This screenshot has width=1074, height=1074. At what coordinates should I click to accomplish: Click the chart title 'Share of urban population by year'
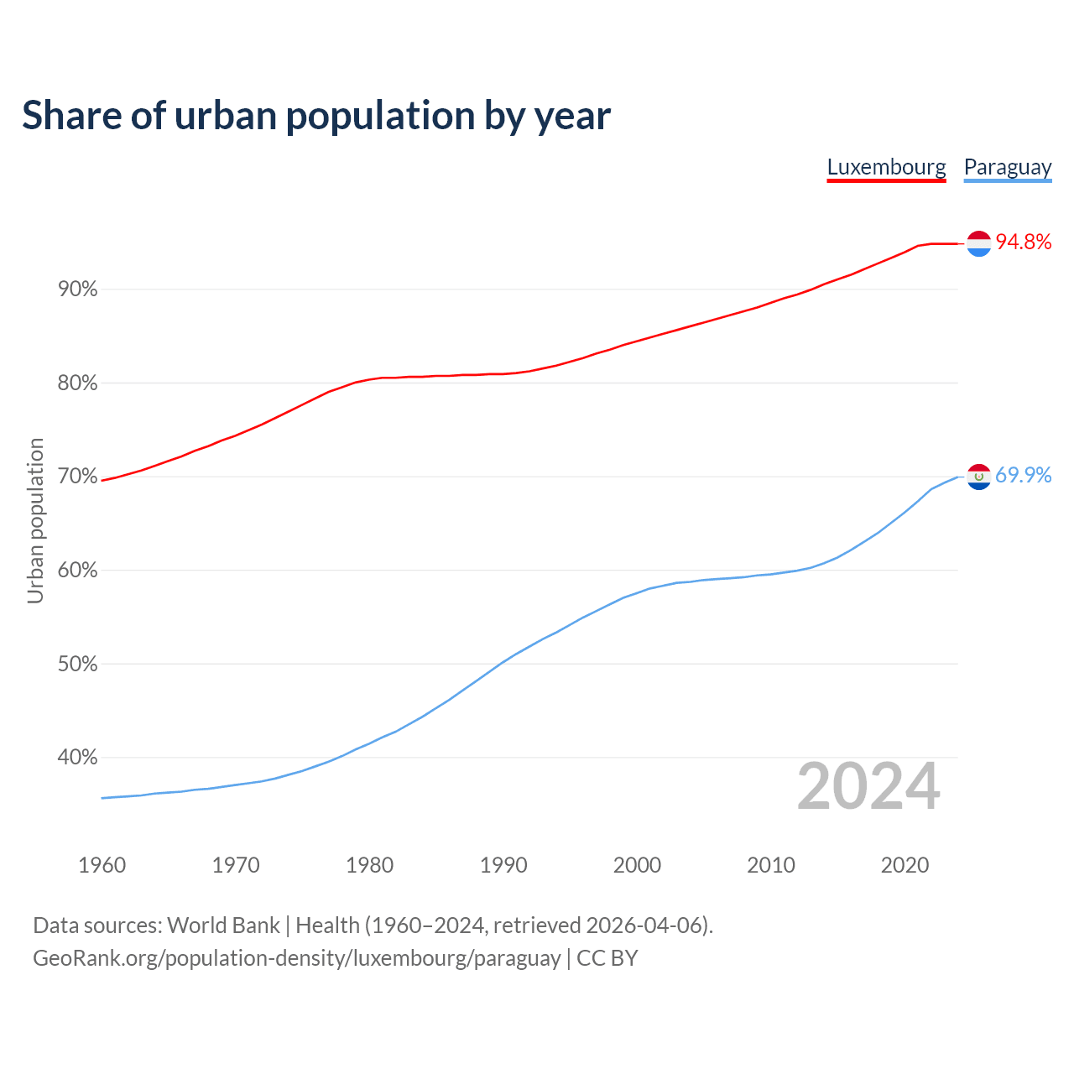click(315, 116)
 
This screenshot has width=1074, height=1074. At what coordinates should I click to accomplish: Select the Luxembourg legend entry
click(886, 167)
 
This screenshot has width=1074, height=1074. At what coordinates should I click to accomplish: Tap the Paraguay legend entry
click(1007, 167)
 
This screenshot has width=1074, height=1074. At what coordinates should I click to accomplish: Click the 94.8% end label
click(1023, 242)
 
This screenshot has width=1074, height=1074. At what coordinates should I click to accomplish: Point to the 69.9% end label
click(1023, 476)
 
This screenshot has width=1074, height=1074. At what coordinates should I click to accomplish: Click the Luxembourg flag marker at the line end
click(979, 243)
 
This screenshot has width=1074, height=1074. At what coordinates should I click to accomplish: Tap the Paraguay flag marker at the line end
click(979, 477)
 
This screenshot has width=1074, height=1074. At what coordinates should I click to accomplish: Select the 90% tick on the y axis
click(78, 289)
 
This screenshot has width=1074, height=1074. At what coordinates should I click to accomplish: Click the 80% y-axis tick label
click(78, 383)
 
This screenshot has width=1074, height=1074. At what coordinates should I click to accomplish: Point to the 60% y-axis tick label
click(78, 571)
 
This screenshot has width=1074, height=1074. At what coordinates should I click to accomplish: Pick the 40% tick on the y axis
click(78, 758)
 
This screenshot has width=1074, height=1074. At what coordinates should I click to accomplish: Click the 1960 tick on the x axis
click(102, 865)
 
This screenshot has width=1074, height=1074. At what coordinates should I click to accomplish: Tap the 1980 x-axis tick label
click(369, 865)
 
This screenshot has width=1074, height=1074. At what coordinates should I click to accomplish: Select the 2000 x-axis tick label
click(637, 865)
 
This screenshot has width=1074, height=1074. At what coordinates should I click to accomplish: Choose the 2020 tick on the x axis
click(905, 865)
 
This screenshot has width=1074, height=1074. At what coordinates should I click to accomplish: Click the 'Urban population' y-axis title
click(35, 520)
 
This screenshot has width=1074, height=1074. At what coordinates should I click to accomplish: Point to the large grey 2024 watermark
click(868, 787)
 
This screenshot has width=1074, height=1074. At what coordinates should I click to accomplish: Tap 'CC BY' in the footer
click(607, 958)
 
